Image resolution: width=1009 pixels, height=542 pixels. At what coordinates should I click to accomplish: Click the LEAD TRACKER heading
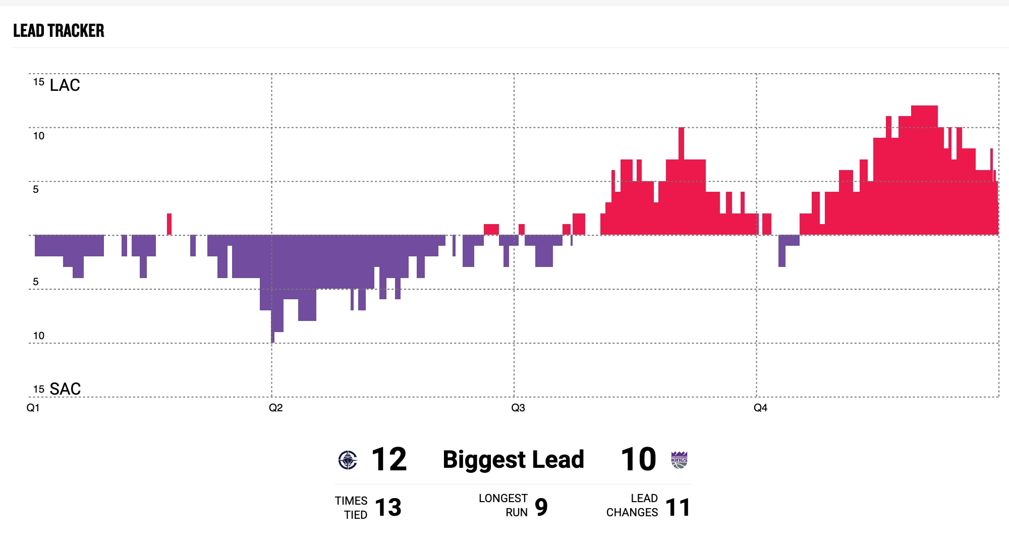tap(59, 31)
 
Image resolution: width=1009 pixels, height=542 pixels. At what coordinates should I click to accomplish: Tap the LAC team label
tap(65, 85)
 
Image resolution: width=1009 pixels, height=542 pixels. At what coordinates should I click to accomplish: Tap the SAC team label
tap(65, 389)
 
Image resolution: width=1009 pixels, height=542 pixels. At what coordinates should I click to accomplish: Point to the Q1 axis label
tap(33, 408)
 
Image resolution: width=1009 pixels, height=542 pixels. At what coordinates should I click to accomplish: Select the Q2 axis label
tap(275, 408)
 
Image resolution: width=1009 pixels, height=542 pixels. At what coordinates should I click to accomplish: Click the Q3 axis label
tap(518, 408)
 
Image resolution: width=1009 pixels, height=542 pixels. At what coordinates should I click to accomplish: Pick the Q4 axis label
tap(760, 408)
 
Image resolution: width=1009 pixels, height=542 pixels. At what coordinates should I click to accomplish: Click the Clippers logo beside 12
tap(348, 460)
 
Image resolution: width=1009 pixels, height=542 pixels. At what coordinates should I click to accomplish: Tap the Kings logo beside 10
tap(679, 460)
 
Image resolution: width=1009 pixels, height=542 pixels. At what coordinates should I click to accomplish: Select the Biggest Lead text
tap(513, 460)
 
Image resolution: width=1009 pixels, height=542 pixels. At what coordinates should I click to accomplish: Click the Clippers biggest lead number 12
tap(388, 460)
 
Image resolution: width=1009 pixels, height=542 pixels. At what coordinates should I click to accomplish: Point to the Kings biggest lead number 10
tap(638, 460)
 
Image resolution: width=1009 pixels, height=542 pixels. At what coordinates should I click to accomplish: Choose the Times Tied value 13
tap(388, 507)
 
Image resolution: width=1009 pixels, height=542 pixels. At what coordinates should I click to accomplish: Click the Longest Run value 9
tap(541, 507)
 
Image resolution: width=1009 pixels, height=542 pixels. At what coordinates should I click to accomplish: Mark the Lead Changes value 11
tap(678, 507)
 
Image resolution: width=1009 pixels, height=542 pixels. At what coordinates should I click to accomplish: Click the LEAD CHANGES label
tap(632, 505)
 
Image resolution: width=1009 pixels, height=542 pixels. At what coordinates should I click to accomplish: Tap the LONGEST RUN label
tap(503, 505)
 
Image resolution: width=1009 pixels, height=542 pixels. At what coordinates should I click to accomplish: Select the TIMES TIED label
tap(351, 508)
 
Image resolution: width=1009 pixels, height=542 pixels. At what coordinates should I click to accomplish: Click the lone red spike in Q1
tap(169, 224)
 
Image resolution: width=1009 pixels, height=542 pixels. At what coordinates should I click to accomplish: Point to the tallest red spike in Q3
tap(681, 144)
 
